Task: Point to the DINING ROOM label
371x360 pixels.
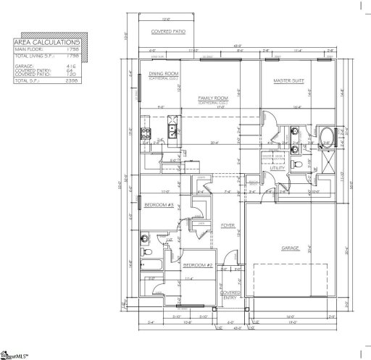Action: point(163,75)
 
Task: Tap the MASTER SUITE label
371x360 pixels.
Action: point(288,80)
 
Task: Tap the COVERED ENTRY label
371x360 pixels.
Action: point(231,294)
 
